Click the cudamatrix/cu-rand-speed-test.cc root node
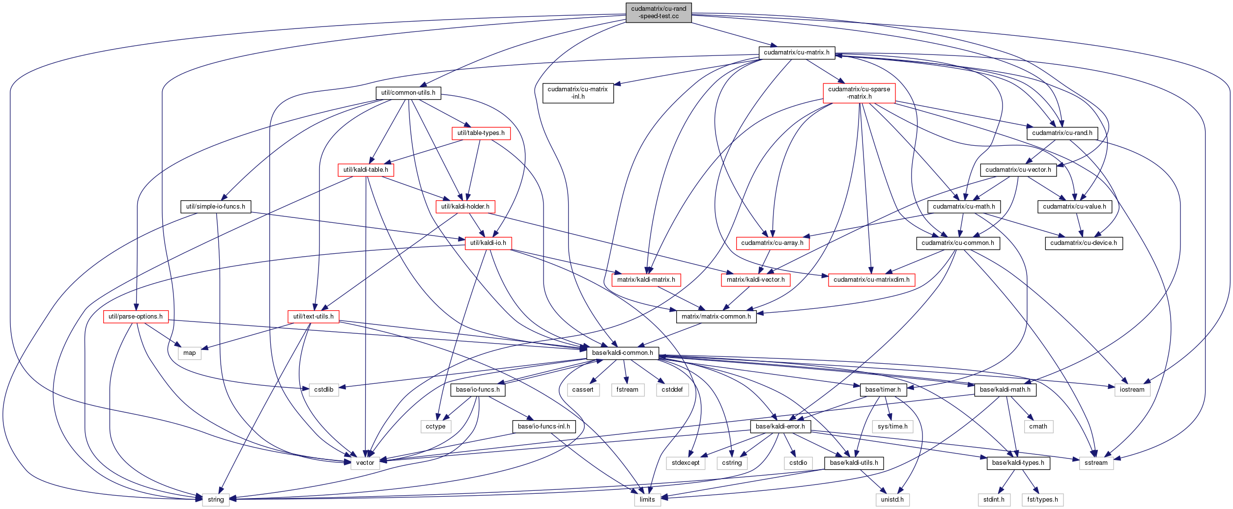659,12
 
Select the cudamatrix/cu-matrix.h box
797,53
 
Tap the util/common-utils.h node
408,93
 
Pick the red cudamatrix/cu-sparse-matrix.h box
859,93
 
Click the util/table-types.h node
481,133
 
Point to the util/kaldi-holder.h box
465,207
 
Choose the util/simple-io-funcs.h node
215,207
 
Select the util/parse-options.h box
136,317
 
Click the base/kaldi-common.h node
622,353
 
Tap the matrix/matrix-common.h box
716,317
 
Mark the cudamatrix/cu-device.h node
1083,243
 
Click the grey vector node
365,463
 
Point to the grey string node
216,500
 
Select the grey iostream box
1132,390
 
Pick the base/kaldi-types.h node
1018,463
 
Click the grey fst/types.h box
1042,500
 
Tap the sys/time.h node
892,427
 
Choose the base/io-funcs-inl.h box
544,427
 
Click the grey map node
189,353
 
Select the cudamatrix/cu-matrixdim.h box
871,280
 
